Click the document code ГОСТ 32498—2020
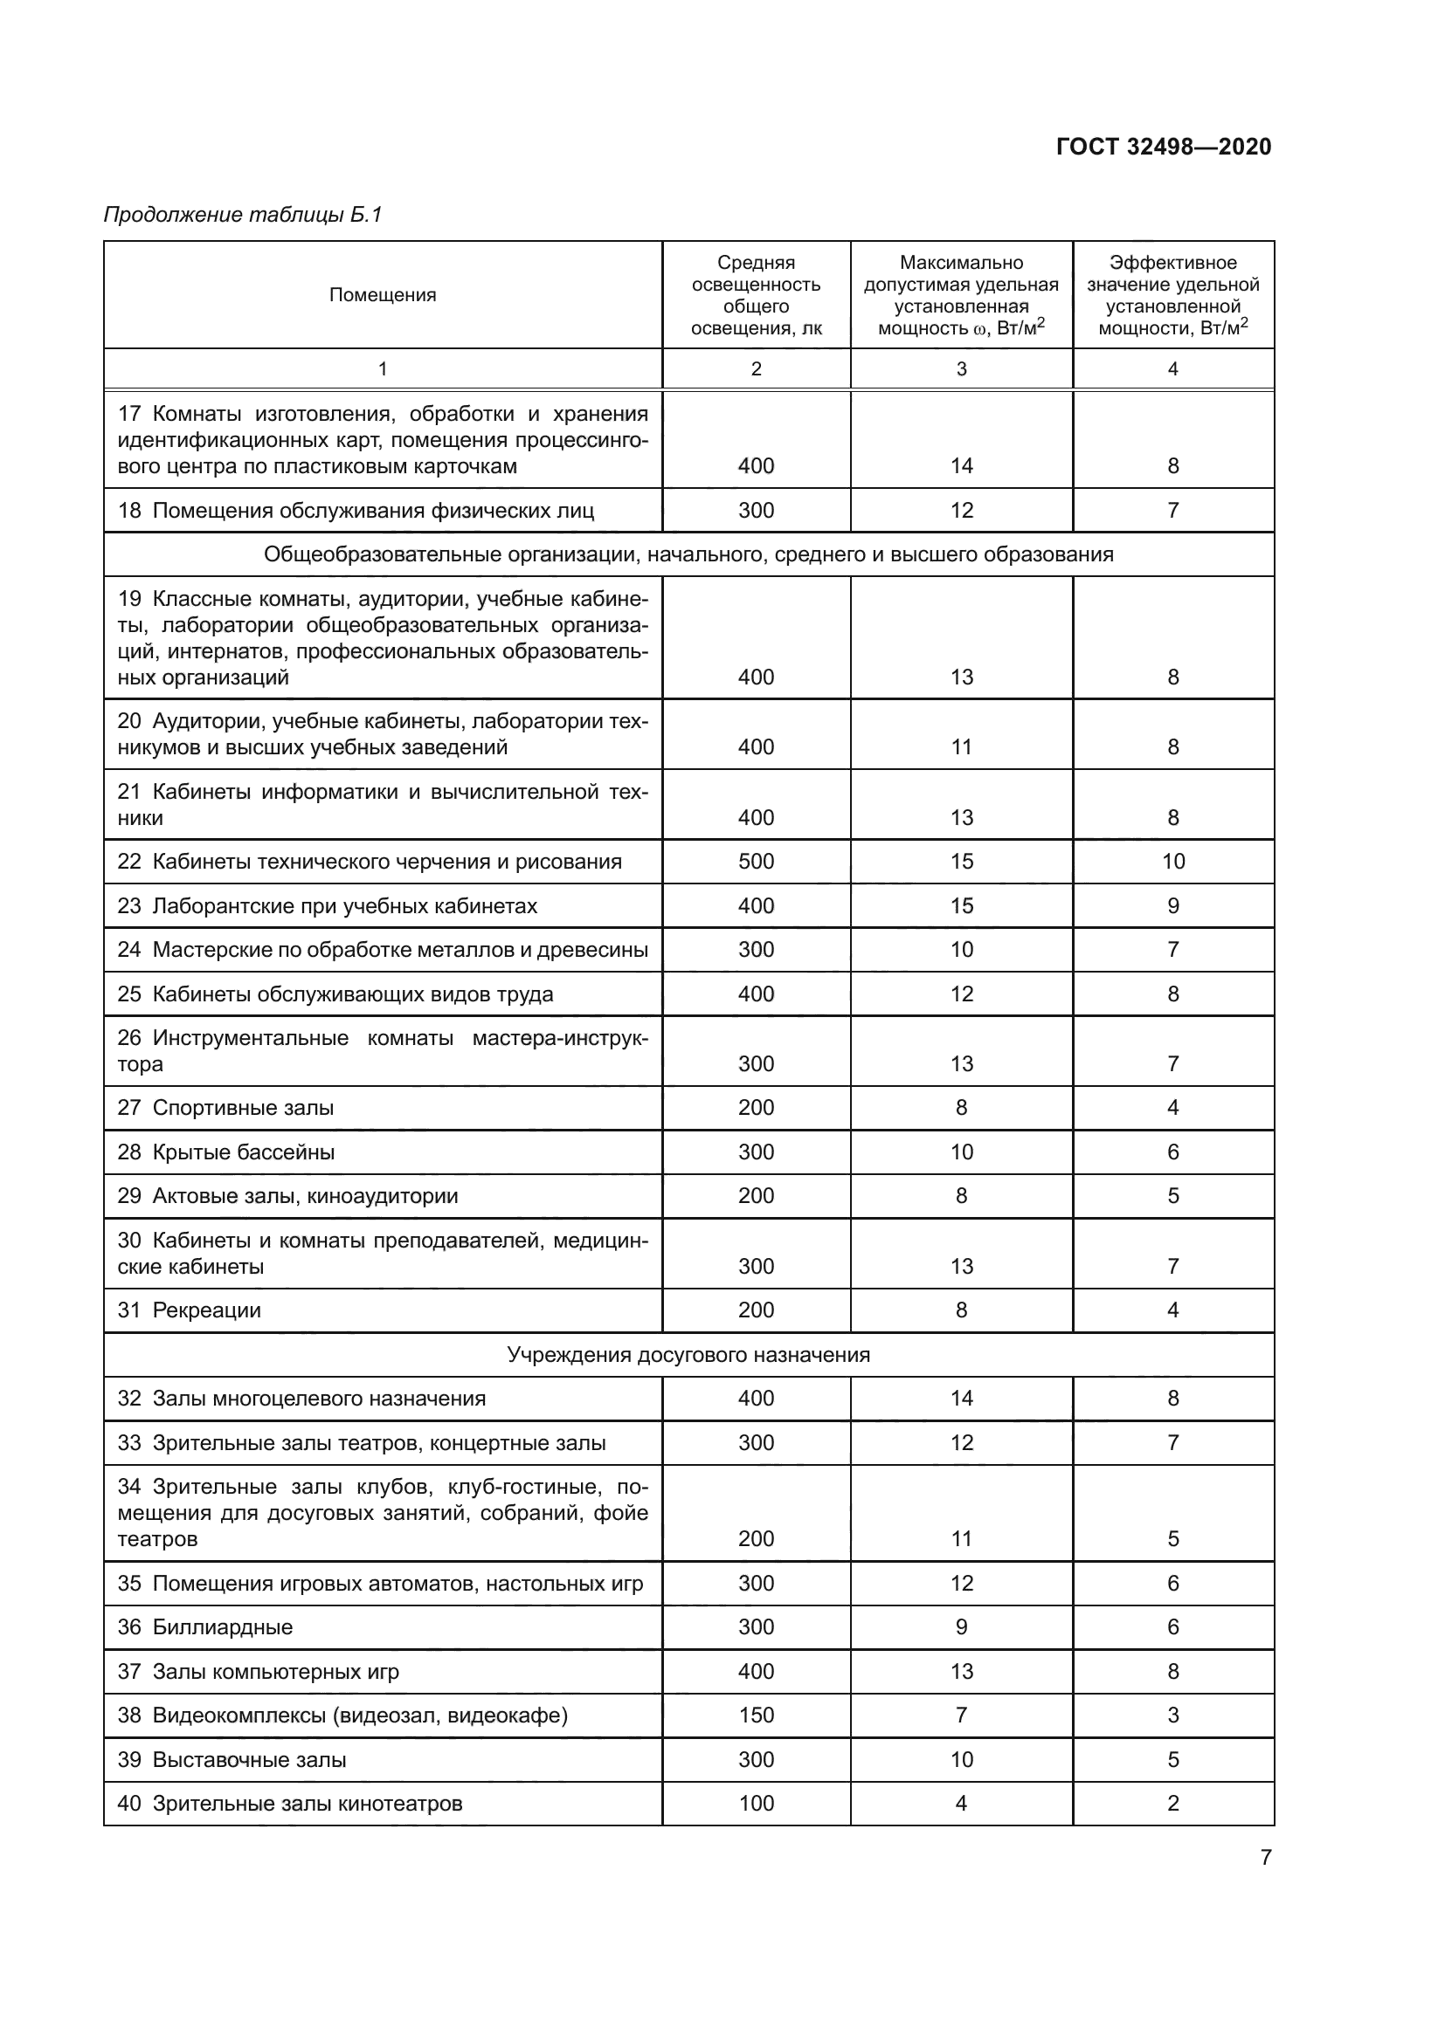1163,147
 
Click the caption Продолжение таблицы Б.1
243,215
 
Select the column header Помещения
383,295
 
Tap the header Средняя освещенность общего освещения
756,295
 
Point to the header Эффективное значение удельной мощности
1172,295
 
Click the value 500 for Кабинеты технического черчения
756,861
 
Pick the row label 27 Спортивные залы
226,1107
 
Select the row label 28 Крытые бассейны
226,1152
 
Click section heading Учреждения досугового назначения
688,1355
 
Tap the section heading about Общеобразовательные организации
688,554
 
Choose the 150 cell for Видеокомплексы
756,1715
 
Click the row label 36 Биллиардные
205,1626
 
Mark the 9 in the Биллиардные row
961,1626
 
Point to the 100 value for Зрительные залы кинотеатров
756,1803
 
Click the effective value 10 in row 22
1172,861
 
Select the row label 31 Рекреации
190,1310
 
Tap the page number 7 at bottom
1265,1857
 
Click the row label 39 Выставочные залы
232,1759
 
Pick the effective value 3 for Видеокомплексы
1172,1715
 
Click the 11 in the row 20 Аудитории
961,746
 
